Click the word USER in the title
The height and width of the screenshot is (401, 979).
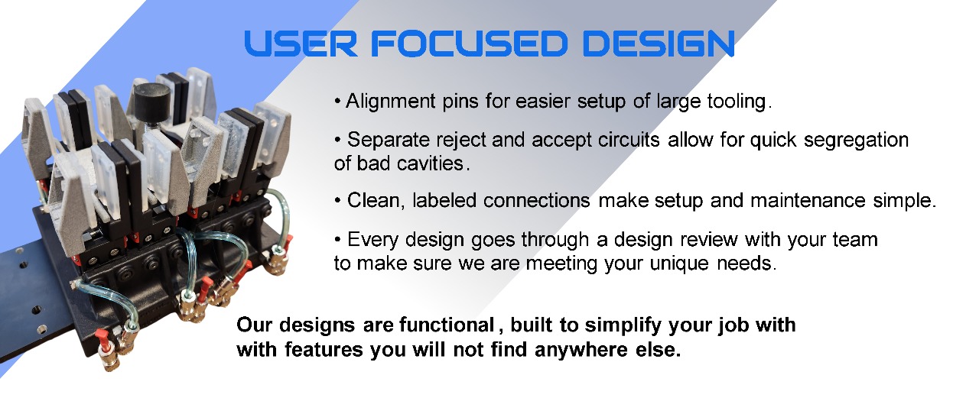tap(301, 44)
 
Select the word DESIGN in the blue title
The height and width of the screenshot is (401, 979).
tap(659, 44)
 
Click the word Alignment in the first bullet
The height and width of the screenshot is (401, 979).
tap(391, 102)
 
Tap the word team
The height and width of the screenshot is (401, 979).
tap(855, 240)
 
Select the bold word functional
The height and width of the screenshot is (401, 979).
tap(447, 325)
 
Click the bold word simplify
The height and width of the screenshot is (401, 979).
tap(623, 326)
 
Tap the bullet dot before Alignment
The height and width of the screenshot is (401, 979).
tap(337, 102)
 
